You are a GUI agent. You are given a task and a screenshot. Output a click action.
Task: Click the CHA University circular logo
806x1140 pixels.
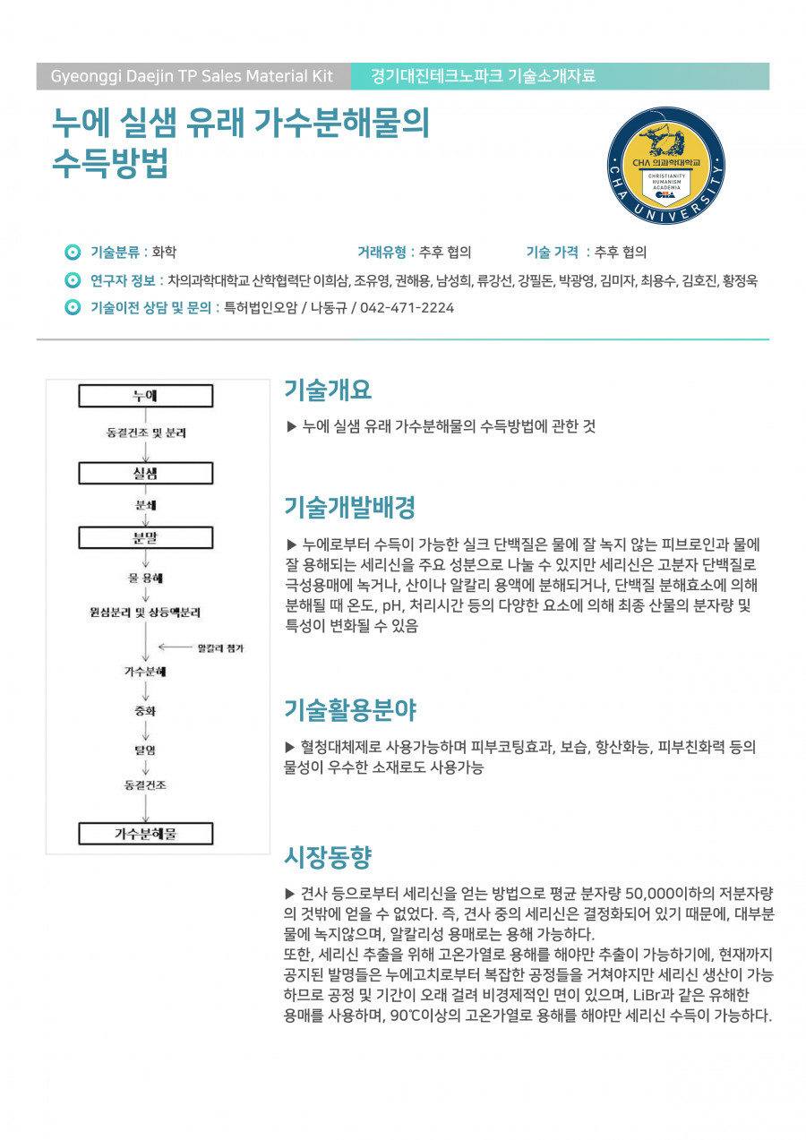[679, 167]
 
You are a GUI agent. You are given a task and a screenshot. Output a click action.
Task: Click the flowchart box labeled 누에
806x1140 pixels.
[146, 396]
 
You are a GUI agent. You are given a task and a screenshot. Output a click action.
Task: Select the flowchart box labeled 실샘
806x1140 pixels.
[146, 472]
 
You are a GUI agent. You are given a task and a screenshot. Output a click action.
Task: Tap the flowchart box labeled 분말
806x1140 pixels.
[146, 537]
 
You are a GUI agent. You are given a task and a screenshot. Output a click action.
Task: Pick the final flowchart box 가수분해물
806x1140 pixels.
[146, 834]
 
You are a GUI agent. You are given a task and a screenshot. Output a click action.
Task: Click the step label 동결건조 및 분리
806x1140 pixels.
[146, 433]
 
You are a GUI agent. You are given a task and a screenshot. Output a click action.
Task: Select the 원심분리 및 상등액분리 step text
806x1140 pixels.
[145, 613]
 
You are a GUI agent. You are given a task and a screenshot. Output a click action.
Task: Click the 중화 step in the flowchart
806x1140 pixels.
[145, 711]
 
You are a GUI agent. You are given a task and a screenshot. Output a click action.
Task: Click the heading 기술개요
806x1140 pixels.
[328, 390]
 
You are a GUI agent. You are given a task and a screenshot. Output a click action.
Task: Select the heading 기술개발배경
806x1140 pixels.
[349, 508]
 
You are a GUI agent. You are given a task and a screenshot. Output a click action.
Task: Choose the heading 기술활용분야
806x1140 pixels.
[349, 711]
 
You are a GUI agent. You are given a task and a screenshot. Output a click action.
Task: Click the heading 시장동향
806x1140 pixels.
[328, 857]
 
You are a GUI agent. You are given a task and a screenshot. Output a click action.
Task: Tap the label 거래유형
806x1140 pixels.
[382, 252]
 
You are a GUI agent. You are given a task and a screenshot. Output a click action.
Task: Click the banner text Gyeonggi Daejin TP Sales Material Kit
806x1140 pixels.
[192, 76]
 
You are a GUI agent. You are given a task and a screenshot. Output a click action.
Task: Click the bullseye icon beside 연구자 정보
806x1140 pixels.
[73, 280]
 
